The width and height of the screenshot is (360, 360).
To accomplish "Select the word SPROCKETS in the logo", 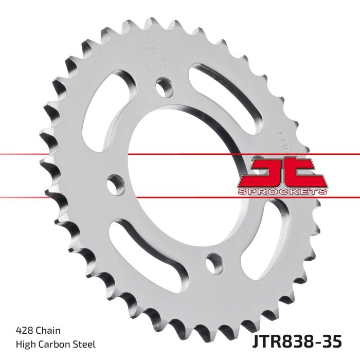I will (282, 192).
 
